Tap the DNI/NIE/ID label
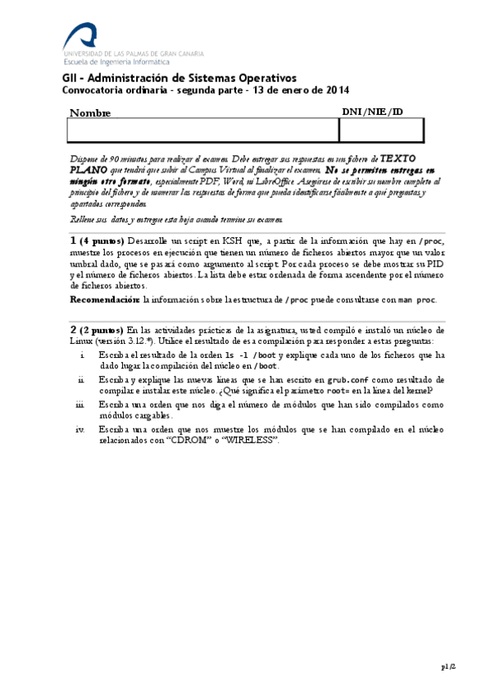(x=371, y=112)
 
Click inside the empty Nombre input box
(x=202, y=130)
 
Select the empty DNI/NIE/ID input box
(x=381, y=130)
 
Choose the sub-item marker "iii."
(x=80, y=405)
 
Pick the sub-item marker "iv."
(x=80, y=429)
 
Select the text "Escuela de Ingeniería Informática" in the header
(x=116, y=61)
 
